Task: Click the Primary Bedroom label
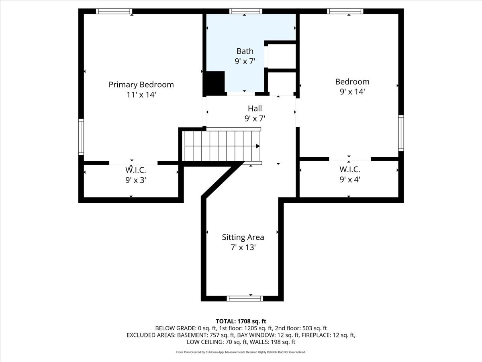[141, 84]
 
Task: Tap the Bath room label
[245, 51]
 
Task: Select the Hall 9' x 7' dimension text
[255, 118]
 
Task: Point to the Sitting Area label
[243, 237]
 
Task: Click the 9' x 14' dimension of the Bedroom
[352, 92]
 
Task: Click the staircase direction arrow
[258, 146]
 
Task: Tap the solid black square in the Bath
[215, 82]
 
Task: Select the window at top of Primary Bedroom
[114, 11]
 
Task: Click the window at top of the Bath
[245, 11]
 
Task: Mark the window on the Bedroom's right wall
[401, 133]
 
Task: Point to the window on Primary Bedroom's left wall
[81, 137]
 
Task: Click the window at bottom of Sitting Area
[245, 298]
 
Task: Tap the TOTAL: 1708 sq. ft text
[241, 321]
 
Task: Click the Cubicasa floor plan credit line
[241, 352]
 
